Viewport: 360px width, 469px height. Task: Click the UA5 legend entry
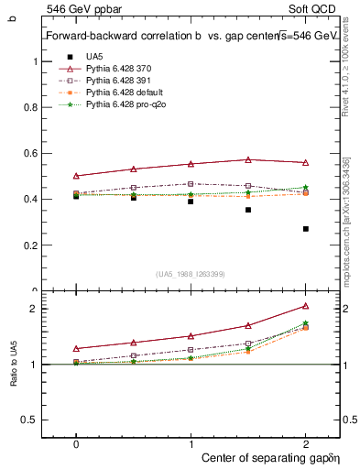click(x=93, y=57)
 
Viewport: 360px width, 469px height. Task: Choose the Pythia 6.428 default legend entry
click(x=123, y=93)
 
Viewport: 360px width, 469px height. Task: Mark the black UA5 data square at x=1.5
click(x=248, y=210)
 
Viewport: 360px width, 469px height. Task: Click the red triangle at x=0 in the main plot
click(x=76, y=175)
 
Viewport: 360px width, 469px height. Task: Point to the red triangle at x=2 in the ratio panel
click(x=305, y=306)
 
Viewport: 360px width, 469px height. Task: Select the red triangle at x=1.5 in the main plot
click(x=248, y=159)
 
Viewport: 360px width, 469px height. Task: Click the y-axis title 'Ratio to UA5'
click(x=13, y=365)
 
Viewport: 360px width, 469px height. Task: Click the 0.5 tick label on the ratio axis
click(x=29, y=420)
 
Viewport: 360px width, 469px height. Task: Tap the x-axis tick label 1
click(x=191, y=442)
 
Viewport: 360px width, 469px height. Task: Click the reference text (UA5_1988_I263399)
click(x=191, y=273)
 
